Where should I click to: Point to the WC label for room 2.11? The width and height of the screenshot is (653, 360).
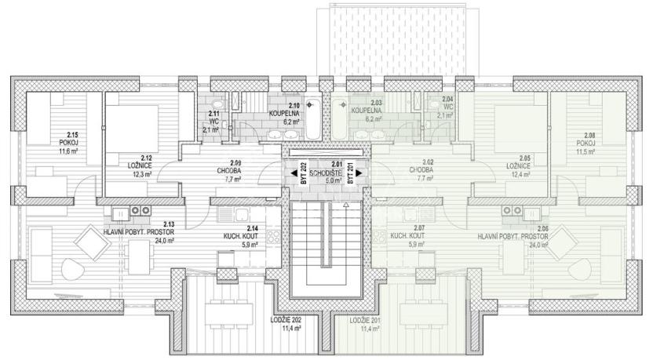(213, 122)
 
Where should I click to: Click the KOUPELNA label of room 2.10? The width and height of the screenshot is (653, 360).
(284, 113)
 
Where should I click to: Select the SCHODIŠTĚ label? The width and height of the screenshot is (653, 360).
(325, 171)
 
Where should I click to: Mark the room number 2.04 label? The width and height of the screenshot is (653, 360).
(447, 100)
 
